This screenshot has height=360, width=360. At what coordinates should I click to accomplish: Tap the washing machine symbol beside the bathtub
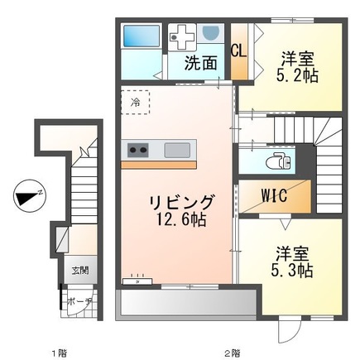click(182, 36)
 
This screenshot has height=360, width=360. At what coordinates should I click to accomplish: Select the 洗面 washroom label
click(201, 63)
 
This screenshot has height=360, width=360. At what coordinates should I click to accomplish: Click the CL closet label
click(238, 50)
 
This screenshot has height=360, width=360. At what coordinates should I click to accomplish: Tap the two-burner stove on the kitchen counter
click(137, 150)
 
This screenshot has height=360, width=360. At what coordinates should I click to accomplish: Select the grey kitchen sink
click(177, 150)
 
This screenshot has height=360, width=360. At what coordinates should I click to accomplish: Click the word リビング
click(182, 202)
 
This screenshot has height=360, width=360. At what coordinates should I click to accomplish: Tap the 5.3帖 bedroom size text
click(293, 270)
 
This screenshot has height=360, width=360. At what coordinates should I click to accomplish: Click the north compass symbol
click(29, 197)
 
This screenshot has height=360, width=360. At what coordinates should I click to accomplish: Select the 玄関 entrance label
click(79, 270)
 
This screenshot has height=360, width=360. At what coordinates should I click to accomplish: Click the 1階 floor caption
click(57, 352)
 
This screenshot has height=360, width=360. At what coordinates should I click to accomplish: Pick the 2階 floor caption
click(230, 352)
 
